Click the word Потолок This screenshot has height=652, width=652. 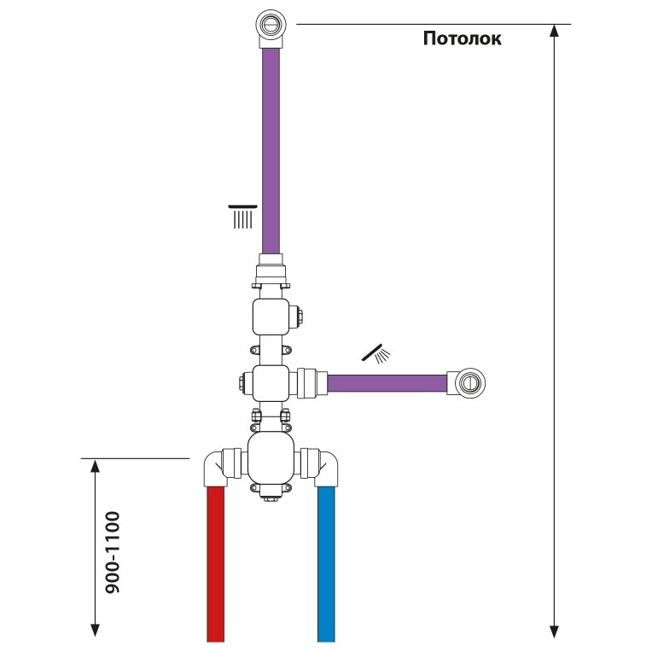point(462,38)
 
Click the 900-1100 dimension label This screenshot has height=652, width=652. point(113,552)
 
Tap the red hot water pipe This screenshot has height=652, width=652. point(215,564)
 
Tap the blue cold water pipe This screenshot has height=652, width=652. point(326,564)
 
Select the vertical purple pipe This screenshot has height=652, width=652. point(271,150)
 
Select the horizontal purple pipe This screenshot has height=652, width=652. point(387,383)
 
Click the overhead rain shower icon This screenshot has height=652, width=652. point(243,217)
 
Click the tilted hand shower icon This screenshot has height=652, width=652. point(376,354)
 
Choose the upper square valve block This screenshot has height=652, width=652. point(271,317)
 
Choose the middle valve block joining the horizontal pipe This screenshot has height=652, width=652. point(271,383)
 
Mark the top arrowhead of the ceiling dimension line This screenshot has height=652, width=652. point(554,31)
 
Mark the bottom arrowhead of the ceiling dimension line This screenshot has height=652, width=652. point(554,632)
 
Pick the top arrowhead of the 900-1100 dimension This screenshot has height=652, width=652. point(96,466)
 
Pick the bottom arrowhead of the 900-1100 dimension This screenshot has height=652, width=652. point(96,630)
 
